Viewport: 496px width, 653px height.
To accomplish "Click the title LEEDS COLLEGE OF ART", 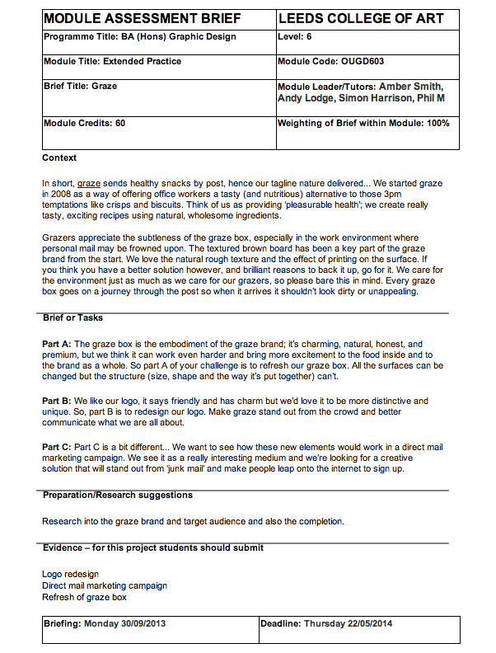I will pyautogui.click(x=361, y=19).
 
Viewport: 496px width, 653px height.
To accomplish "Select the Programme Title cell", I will pyautogui.click(x=139, y=37).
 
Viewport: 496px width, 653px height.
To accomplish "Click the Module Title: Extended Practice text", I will pyautogui.click(x=112, y=62).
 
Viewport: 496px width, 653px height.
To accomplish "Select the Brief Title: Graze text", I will pyautogui.click(x=80, y=86).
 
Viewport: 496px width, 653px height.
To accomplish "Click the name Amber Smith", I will pyautogui.click(x=411, y=87).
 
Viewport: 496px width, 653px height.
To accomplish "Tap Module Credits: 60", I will pyautogui.click(x=84, y=124).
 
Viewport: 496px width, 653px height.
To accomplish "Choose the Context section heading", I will pyautogui.click(x=59, y=158).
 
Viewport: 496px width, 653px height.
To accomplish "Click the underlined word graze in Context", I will pyautogui.click(x=89, y=182).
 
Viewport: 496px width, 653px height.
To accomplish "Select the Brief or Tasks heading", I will pyautogui.click(x=73, y=318).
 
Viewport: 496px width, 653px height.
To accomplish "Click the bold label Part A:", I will pyautogui.click(x=58, y=344).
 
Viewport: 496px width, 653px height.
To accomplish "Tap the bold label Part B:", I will pyautogui.click(x=58, y=401).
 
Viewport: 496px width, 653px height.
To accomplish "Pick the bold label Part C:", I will pyautogui.click(x=58, y=447).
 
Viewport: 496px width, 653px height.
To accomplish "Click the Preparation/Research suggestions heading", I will pyautogui.click(x=118, y=496).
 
